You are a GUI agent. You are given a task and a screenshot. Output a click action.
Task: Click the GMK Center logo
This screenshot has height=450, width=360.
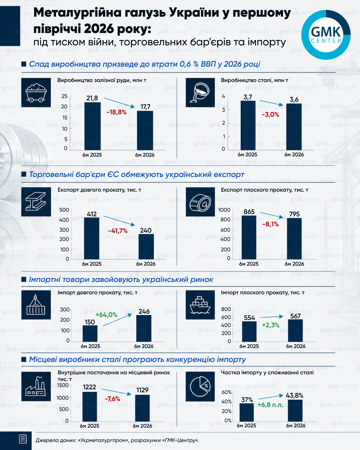click(x=326, y=35)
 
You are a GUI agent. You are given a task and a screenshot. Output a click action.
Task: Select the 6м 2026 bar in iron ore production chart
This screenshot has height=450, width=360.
click(x=145, y=130)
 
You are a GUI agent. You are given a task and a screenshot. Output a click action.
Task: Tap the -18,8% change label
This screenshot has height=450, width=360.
click(x=117, y=112)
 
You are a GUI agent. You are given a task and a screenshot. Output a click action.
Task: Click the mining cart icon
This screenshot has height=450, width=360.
click(x=36, y=93)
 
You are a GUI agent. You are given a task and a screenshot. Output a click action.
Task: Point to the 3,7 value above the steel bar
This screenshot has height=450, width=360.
click(x=248, y=97)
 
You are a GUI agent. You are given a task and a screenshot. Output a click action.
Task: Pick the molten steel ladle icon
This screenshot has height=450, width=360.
click(x=200, y=93)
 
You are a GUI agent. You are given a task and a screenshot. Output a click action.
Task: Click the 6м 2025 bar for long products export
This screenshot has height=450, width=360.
click(x=92, y=238)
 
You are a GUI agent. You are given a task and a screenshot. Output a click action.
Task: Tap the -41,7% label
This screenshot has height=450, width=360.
click(x=118, y=231)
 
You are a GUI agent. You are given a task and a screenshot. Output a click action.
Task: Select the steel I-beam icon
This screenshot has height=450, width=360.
click(x=36, y=202)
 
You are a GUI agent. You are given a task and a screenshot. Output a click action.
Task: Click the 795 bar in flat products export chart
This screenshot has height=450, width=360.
click(x=294, y=239)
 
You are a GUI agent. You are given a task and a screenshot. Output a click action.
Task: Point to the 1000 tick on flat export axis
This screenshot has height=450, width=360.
click(x=224, y=210)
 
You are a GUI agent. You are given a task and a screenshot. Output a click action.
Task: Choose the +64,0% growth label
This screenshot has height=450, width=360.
click(x=106, y=315)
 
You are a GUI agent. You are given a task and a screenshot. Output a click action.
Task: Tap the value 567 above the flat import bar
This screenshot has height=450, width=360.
click(x=295, y=316)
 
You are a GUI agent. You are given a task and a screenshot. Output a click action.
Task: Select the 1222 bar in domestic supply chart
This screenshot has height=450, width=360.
click(x=90, y=407)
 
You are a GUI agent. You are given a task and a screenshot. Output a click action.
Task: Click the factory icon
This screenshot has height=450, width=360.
click(x=36, y=386)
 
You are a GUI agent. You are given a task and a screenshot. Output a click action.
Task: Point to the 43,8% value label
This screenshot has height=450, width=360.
click(x=294, y=395)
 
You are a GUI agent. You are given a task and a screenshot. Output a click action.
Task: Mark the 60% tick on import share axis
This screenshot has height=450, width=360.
click(x=227, y=392)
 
